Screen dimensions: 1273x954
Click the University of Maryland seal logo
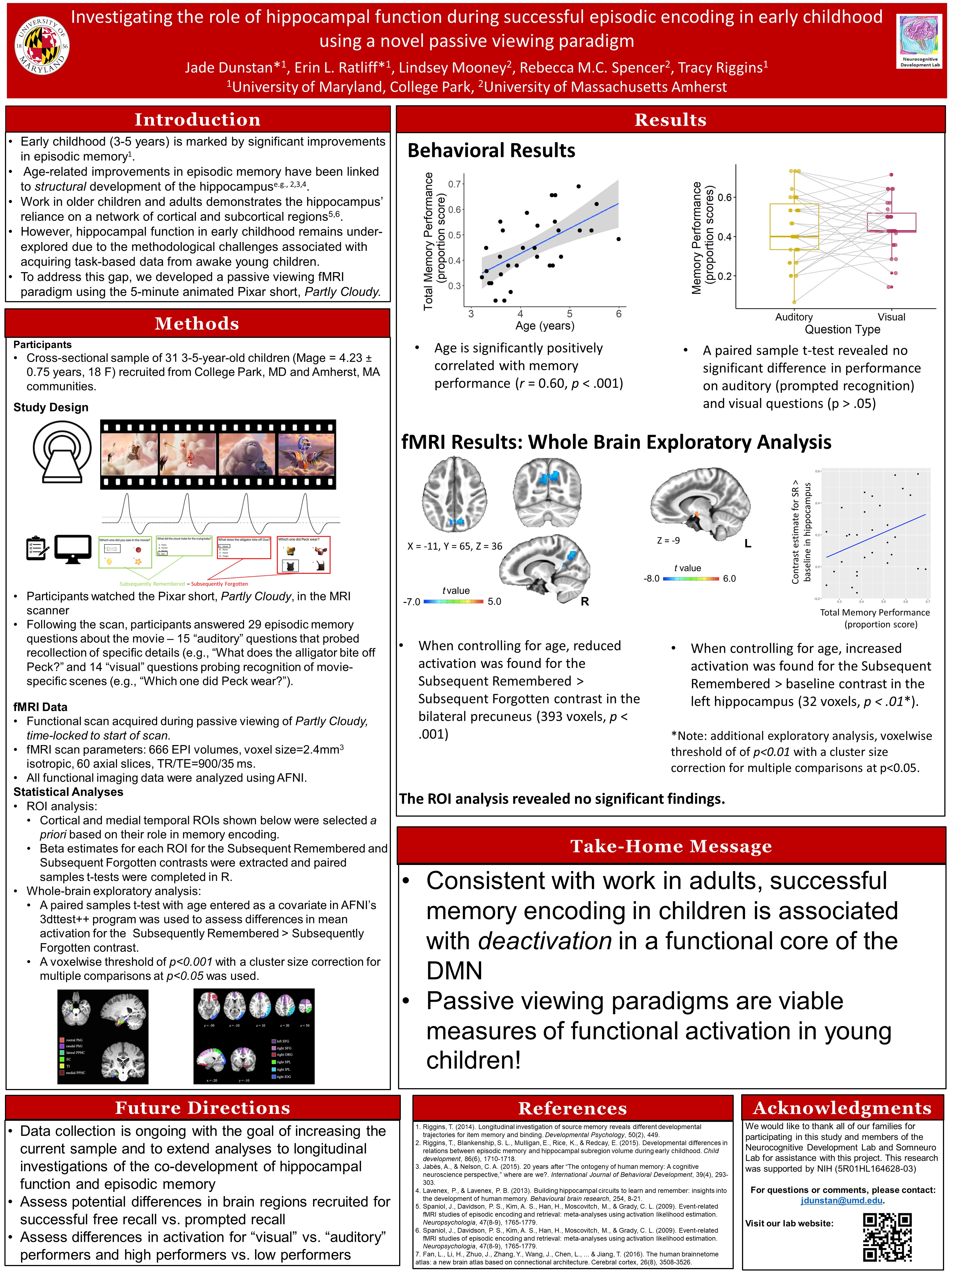pyautogui.click(x=41, y=46)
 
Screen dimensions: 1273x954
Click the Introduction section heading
pyautogui.click(x=197, y=120)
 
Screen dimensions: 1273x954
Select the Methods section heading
pyautogui.click(x=197, y=323)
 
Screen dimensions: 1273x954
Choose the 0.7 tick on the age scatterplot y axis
pyautogui.click(x=454, y=184)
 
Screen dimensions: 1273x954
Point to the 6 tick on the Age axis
pyautogui.click(x=619, y=314)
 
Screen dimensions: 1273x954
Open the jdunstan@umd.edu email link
pyautogui.click(x=841, y=1201)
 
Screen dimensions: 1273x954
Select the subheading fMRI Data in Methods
pyautogui.click(x=40, y=707)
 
